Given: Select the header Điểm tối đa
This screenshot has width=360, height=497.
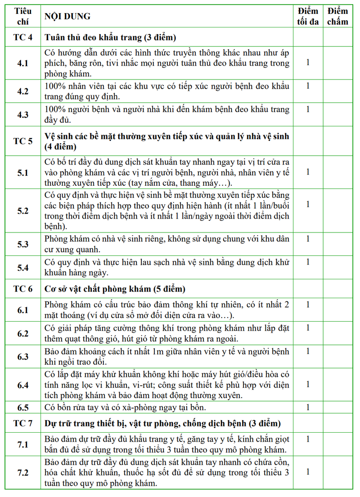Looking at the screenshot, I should click(308, 17).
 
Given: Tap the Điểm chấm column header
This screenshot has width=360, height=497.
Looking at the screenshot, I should click(337, 17).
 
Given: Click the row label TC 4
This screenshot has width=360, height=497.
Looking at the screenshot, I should click(22, 37).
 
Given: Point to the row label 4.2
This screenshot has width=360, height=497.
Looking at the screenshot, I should click(22, 91).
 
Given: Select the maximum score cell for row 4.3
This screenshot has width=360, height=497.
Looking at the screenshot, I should click(308, 109).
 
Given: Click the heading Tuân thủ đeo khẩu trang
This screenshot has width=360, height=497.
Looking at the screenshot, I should click(110, 37).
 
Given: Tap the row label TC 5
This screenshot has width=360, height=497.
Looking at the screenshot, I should click(22, 141).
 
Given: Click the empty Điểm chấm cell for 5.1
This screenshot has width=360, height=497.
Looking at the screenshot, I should click(337, 172).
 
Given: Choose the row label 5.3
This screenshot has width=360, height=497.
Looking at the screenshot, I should click(22, 244).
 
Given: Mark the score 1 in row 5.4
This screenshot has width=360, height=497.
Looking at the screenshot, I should click(308, 262).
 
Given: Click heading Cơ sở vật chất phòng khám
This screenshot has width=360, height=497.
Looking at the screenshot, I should click(115, 289).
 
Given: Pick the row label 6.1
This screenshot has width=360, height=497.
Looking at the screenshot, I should click(22, 310).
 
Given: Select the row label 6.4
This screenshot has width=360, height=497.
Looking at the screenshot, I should click(22, 385).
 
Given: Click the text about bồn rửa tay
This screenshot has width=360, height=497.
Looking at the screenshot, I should click(126, 408).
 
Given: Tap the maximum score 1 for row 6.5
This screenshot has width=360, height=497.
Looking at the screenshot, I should click(308, 407).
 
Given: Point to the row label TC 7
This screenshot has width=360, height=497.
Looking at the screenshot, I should click(22, 424).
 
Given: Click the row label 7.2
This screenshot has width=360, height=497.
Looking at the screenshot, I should click(22, 473).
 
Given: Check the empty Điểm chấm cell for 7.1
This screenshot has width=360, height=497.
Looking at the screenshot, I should click(337, 445).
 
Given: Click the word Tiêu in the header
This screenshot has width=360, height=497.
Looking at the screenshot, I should click(22, 11).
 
